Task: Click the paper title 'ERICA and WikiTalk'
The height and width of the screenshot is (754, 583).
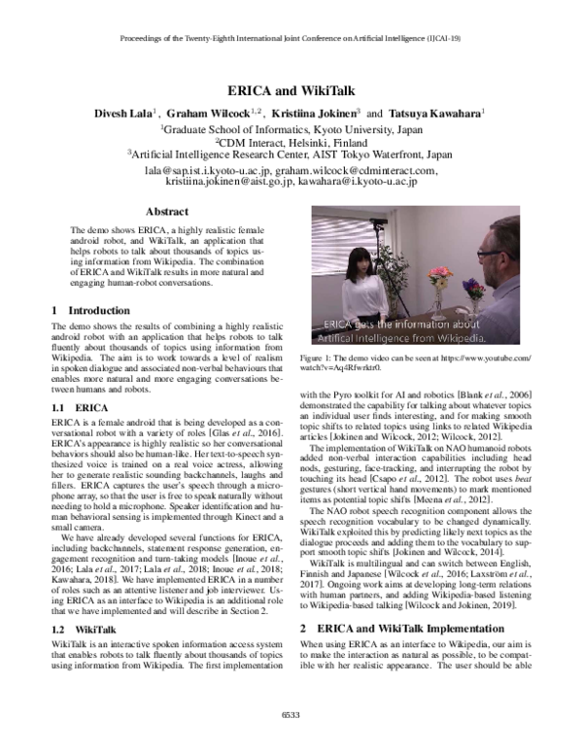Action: [291, 86]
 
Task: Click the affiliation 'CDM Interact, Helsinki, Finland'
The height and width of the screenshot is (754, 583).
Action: [291, 140]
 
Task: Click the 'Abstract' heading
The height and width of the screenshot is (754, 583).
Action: [166, 211]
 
